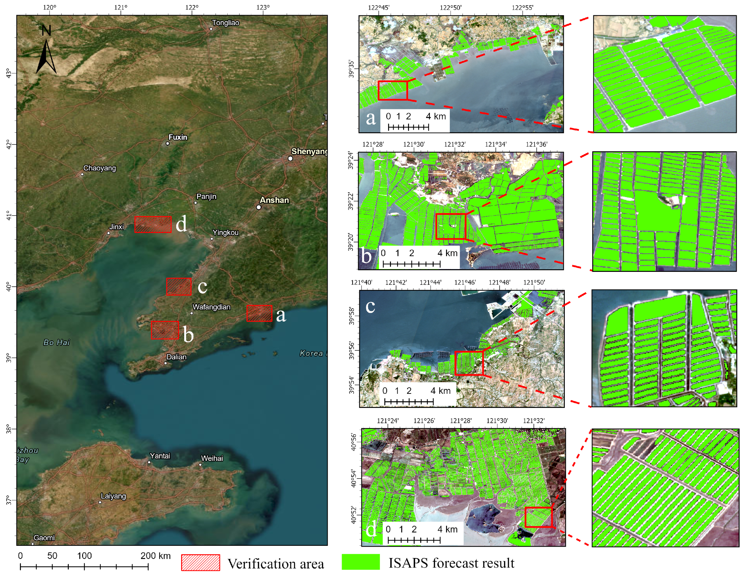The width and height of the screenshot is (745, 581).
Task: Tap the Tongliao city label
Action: click(x=225, y=23)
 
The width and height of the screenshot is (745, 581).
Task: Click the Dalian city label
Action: click(x=176, y=357)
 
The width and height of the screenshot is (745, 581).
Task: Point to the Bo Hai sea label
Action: click(x=57, y=342)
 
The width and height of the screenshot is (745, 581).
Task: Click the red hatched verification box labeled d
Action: click(x=153, y=224)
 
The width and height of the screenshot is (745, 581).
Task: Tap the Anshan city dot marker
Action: click(x=259, y=207)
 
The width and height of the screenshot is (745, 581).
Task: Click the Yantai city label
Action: click(x=160, y=456)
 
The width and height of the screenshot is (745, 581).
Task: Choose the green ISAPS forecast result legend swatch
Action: click(x=361, y=562)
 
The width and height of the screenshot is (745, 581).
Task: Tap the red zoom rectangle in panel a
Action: click(x=393, y=90)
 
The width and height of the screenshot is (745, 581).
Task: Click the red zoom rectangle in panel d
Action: click(x=538, y=517)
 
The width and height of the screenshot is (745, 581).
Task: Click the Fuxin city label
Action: click(x=178, y=137)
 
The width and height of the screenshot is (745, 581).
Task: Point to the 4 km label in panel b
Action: click(x=447, y=253)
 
